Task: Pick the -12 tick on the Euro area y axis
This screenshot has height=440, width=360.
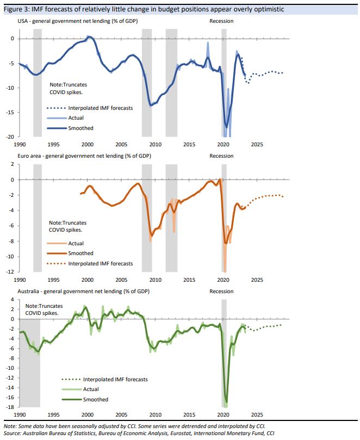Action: [10, 272]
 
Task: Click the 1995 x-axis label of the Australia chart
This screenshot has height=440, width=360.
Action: [53, 414]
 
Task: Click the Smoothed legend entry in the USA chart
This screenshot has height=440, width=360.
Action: [80, 128]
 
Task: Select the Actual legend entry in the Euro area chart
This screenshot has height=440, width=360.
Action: [76, 244]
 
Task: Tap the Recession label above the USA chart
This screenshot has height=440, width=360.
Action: [221, 21]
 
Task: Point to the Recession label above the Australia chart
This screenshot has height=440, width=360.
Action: [221, 291]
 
